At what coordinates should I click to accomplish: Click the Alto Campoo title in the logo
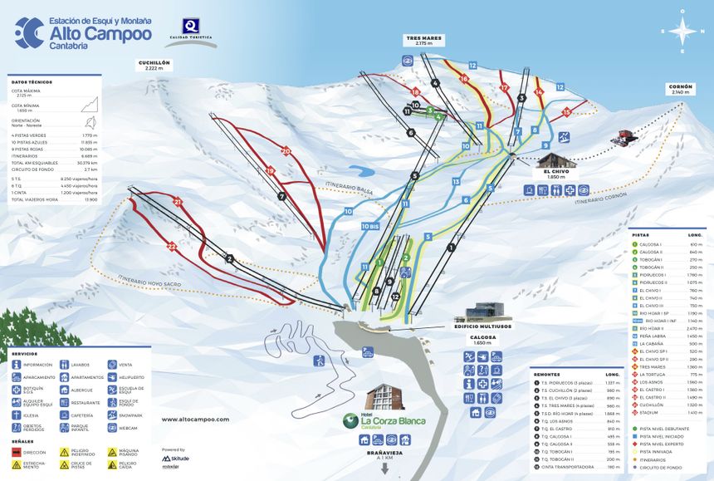pos(100,34)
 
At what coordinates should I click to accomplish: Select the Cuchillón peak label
pos(156,65)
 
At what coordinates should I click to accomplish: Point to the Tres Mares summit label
pos(424,39)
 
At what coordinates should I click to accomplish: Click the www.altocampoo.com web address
pos(195,420)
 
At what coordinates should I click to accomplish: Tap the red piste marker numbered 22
pos(171,246)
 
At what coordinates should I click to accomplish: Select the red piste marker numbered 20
pos(286,151)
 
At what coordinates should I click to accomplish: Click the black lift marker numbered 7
pos(282,197)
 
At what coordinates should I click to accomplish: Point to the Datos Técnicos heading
pos(32,82)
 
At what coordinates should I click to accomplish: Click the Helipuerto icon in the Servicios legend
pos(112,376)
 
